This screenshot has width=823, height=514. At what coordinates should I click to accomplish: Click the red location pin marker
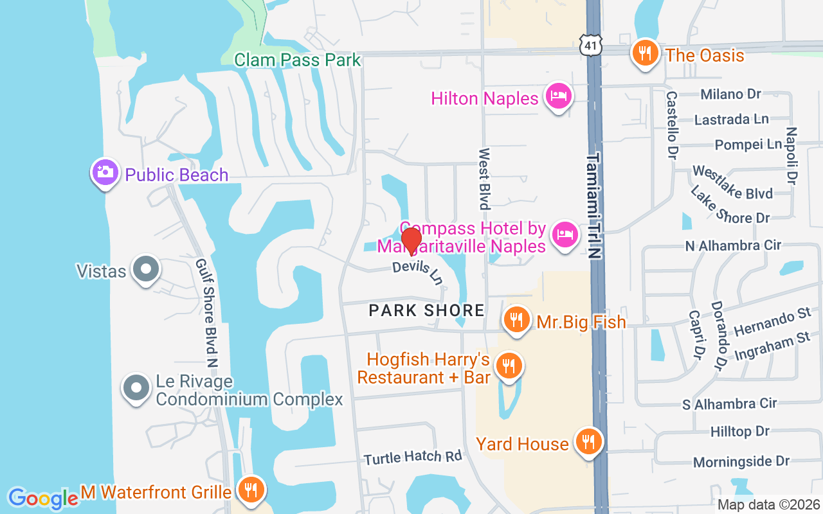click(x=411, y=241)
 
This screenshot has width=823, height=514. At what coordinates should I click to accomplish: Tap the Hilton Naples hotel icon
click(x=557, y=97)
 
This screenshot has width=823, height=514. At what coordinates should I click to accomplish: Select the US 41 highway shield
click(x=591, y=44)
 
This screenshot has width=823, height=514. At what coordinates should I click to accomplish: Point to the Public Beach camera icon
click(x=104, y=173)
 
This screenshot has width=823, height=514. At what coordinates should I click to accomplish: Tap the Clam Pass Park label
click(x=297, y=60)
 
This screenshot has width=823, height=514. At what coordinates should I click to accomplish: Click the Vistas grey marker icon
click(x=145, y=269)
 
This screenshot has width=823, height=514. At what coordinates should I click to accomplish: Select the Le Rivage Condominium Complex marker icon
click(x=136, y=388)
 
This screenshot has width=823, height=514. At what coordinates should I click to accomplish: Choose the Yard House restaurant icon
click(x=588, y=442)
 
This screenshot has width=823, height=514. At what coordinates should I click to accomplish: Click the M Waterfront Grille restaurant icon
click(x=248, y=490)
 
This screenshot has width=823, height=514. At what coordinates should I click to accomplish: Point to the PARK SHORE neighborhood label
click(x=426, y=311)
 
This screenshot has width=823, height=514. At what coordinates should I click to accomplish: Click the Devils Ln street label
click(x=419, y=272)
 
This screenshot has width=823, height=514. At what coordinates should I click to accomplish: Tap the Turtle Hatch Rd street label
click(x=413, y=457)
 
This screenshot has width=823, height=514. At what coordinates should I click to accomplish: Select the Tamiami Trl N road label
click(x=595, y=206)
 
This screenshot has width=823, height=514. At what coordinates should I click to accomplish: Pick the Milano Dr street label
click(x=730, y=94)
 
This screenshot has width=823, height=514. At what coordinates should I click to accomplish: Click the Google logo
click(x=43, y=498)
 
